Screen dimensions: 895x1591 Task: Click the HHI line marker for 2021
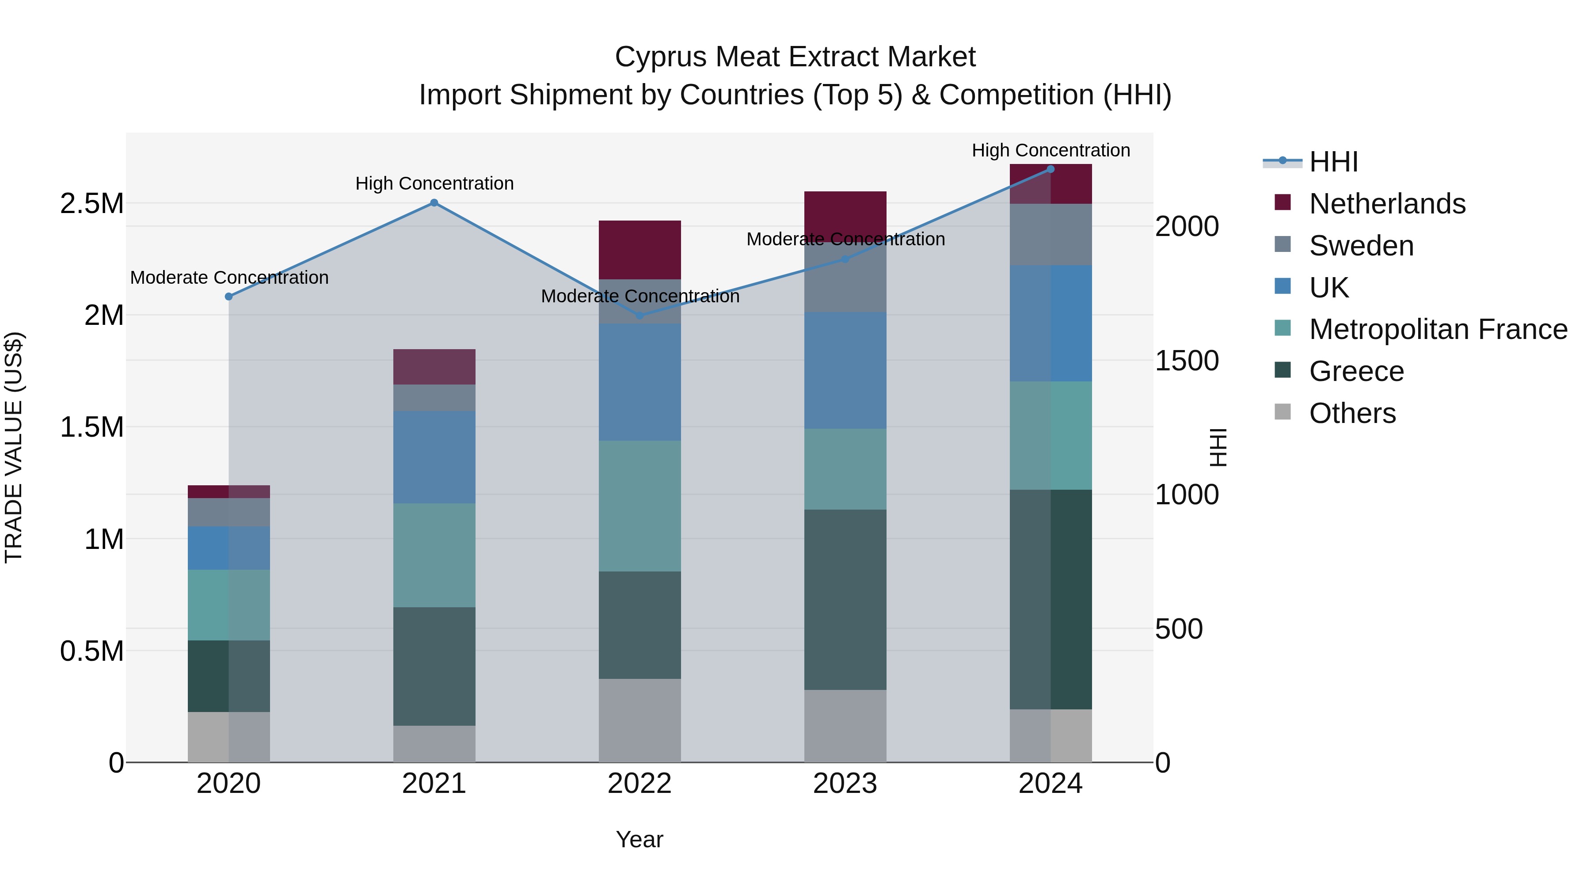click(434, 202)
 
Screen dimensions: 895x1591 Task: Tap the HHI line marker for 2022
click(640, 316)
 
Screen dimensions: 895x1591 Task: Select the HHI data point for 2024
click(1051, 169)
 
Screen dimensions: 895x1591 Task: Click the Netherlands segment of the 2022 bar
click(640, 250)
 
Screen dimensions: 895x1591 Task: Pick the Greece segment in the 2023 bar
click(845, 599)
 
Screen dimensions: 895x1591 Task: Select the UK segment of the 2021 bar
click(434, 457)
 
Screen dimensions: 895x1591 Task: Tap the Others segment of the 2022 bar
click(640, 720)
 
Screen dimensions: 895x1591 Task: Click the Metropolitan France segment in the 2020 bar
click(228, 605)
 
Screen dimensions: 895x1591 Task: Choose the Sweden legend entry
click(1361, 246)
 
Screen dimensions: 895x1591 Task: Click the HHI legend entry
click(1333, 162)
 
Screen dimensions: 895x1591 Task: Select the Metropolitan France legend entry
click(1437, 329)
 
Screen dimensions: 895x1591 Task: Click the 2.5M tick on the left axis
click(92, 204)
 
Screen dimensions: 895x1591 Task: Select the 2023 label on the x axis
click(845, 784)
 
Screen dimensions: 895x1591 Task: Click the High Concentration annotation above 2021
click(434, 183)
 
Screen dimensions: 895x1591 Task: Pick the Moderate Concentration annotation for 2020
click(229, 278)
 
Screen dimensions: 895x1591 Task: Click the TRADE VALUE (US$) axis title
click(14, 447)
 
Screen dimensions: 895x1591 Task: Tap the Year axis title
click(639, 839)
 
